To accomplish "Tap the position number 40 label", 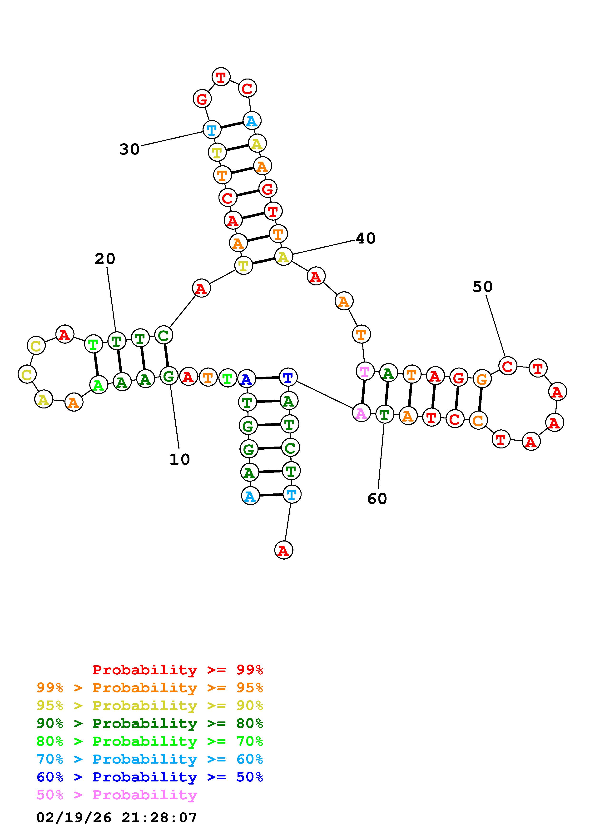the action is point(365,239).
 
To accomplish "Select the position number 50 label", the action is point(482,287).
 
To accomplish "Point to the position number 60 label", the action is point(377,499).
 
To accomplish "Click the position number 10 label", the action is point(180,459).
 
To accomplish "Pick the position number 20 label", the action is point(105,259).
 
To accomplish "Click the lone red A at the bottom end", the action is point(283,551).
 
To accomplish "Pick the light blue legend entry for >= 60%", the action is point(149,759).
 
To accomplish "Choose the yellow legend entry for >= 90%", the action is point(149,706).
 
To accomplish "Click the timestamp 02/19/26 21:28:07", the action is point(116,818).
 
